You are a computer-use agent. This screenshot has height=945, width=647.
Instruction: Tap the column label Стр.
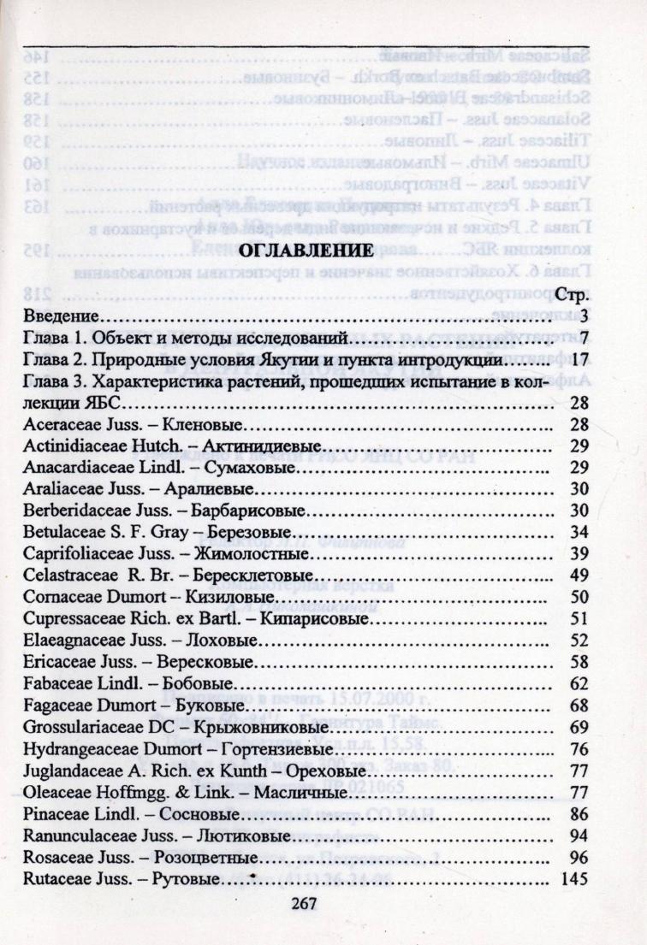[x=568, y=298]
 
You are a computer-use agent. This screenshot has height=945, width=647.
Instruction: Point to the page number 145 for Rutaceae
[x=571, y=878]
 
